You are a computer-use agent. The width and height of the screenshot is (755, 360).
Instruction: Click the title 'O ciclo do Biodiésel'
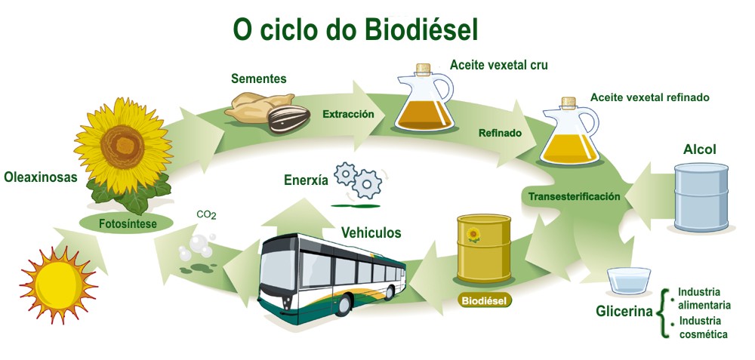coord(355,29)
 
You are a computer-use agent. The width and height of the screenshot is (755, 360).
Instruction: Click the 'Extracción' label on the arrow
coord(348,115)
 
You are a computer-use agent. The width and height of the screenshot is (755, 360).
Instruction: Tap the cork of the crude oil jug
coord(424,67)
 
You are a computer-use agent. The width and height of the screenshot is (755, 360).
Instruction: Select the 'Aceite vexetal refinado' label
coord(649,97)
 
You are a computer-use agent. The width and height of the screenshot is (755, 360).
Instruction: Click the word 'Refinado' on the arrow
coord(500,134)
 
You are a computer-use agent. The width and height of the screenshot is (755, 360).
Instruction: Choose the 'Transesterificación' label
coord(574,196)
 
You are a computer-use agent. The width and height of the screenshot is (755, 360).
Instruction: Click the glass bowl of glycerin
coord(628,281)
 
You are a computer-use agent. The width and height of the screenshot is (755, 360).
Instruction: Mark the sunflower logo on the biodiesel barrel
coord(473,235)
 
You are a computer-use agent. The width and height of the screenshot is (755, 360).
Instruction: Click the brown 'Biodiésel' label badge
coord(484,300)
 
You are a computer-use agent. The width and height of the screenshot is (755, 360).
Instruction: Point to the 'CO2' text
coord(206,215)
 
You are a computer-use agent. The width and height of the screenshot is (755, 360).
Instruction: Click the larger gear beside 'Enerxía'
coord(367,183)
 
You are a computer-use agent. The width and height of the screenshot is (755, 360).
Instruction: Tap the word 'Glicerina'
coord(624,310)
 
